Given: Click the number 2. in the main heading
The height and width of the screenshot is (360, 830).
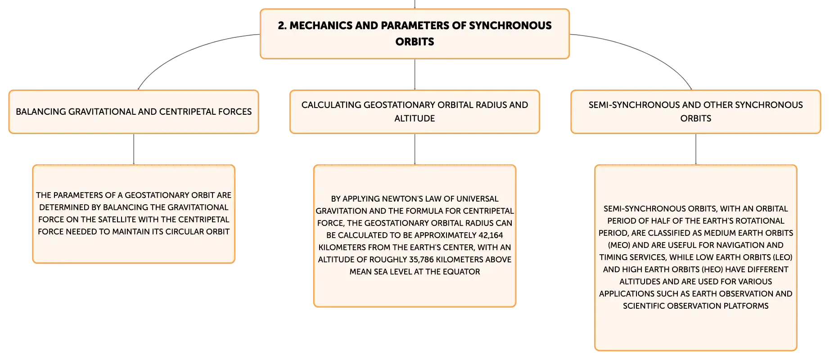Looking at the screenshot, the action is (x=282, y=26).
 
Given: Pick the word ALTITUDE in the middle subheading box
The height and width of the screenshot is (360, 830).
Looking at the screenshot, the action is (x=415, y=118).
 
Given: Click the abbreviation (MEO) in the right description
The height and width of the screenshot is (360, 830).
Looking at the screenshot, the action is (x=619, y=245).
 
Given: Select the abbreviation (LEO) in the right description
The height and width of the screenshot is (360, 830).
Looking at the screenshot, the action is (x=782, y=257).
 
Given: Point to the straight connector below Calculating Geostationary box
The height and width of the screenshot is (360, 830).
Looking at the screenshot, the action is (x=415, y=149).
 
